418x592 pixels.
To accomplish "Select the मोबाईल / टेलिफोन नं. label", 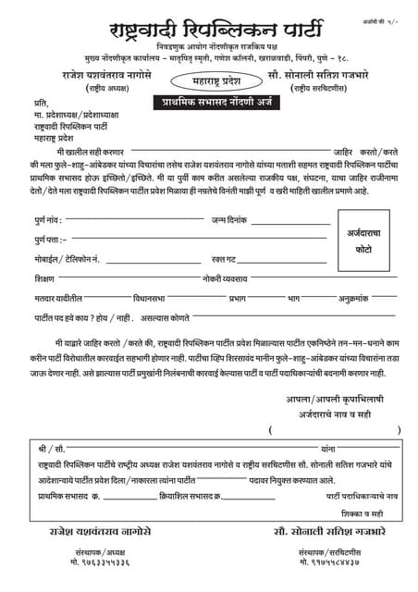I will pos(68,259).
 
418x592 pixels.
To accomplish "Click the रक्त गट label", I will pos(225,259).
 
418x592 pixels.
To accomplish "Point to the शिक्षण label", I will pos(44,278).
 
